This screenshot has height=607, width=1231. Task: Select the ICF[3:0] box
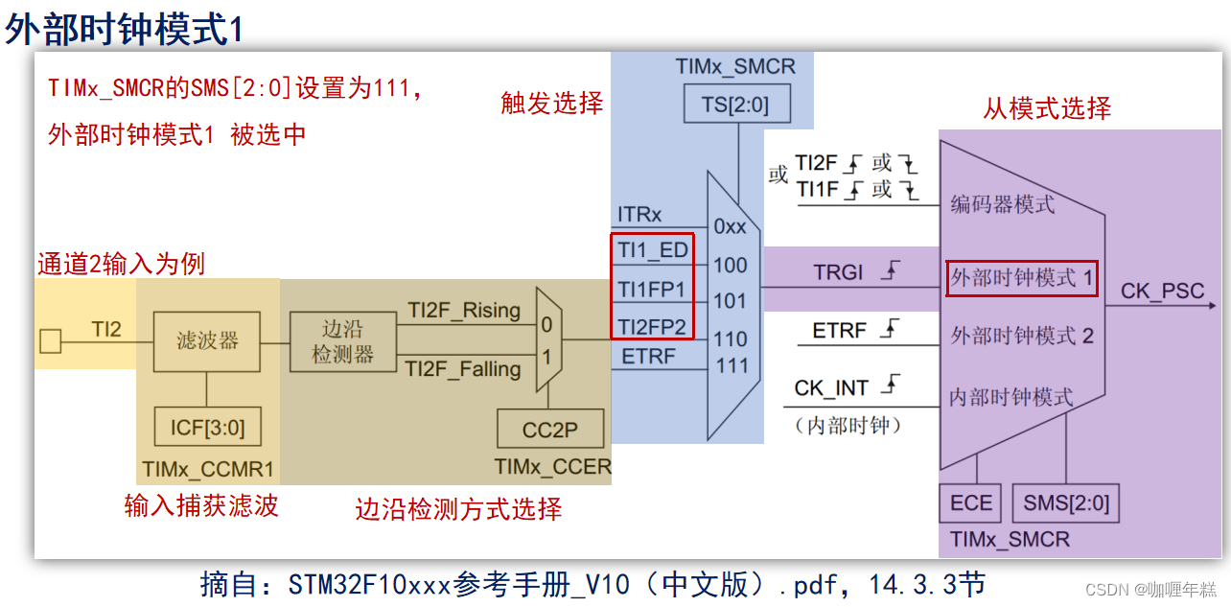[207, 427]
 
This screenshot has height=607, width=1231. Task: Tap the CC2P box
[550, 430]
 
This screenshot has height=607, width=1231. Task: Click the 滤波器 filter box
[207, 341]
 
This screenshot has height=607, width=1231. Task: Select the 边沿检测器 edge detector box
[342, 342]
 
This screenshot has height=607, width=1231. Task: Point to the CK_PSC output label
[1162, 292]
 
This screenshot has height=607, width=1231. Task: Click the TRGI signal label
[839, 273]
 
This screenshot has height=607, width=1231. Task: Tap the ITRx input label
[639, 216]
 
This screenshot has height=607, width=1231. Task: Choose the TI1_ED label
[652, 250]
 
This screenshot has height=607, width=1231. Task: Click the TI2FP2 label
[652, 327]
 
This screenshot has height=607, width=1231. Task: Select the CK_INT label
[831, 388]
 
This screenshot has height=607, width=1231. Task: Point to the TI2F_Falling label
[463, 369]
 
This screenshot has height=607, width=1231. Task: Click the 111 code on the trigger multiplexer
[731, 365]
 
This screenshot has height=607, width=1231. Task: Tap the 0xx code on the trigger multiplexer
[730, 227]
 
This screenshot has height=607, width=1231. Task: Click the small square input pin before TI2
[51, 340]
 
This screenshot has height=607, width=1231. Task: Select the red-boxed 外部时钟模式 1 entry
[1021, 277]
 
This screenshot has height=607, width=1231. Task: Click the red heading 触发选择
[552, 104]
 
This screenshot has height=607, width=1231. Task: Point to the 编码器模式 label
[1002, 203]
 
